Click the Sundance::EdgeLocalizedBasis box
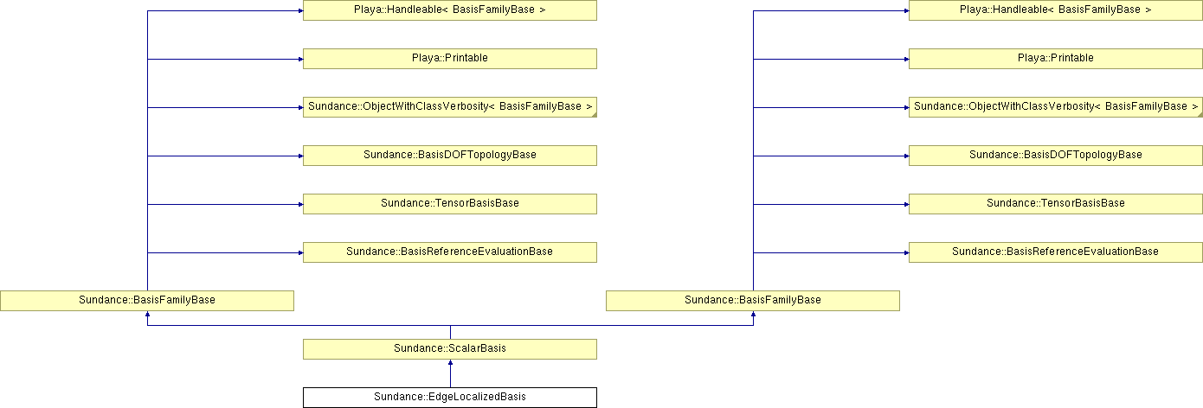(449, 398)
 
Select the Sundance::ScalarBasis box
(449, 349)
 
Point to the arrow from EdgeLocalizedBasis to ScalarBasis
(450, 373)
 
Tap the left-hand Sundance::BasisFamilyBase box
(147, 301)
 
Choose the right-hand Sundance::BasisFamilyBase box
(753, 301)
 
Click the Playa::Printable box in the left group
(449, 59)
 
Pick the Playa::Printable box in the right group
(1055, 59)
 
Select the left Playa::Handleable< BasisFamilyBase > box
(449, 10)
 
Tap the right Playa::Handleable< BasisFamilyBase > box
(1055, 10)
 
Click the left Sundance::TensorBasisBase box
(449, 204)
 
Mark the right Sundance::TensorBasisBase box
(1055, 204)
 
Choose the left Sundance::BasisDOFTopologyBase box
(449, 156)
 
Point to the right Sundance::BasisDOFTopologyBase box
(1055, 156)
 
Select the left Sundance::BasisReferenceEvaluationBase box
(449, 252)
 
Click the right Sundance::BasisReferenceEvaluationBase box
(1055, 252)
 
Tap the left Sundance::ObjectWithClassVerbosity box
(449, 107)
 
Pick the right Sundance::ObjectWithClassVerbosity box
(1055, 107)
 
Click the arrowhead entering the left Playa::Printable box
(301, 59)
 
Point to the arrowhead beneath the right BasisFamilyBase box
(753, 314)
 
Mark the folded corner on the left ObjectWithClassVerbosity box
(594, 115)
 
